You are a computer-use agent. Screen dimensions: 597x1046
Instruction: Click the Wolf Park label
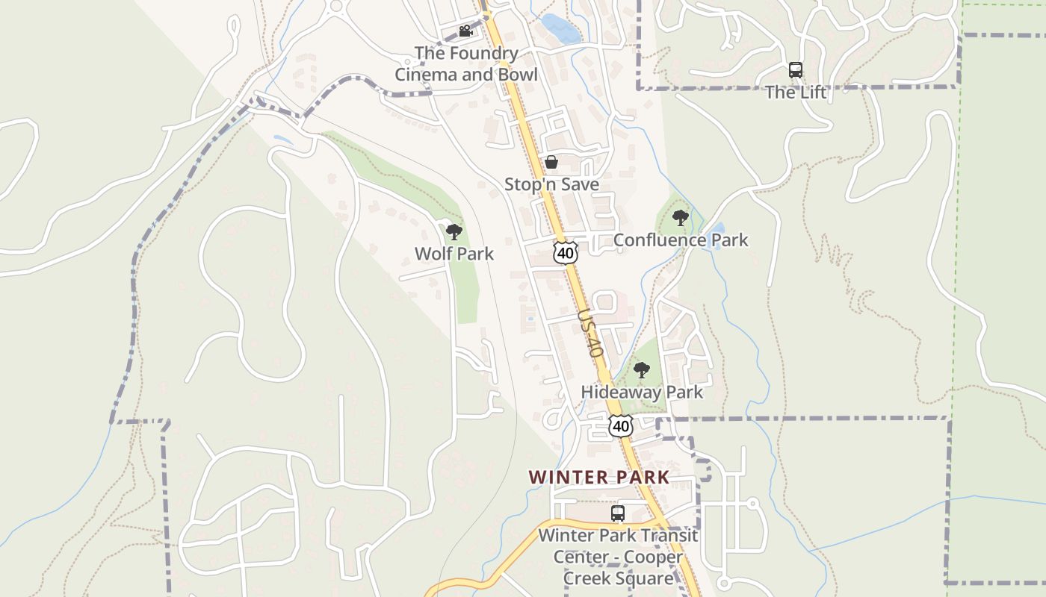click(454, 254)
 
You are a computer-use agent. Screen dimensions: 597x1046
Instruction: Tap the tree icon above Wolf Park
click(454, 232)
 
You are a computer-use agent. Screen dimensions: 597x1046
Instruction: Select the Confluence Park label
click(681, 240)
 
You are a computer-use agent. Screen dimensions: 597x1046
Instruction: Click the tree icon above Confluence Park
click(680, 219)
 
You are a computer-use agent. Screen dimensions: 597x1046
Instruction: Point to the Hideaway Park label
click(642, 393)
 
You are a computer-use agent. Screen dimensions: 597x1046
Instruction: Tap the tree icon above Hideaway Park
click(641, 370)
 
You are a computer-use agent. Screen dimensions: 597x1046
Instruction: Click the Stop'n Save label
click(551, 184)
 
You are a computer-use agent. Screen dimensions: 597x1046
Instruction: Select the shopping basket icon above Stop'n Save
click(551, 162)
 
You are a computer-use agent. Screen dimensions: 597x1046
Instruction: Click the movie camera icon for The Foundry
click(465, 31)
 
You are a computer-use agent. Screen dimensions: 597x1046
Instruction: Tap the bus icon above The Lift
click(796, 71)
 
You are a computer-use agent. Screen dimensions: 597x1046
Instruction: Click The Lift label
click(796, 93)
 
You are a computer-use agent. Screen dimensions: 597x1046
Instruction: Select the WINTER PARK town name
click(599, 478)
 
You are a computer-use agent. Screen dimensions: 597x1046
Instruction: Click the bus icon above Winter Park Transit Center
click(618, 513)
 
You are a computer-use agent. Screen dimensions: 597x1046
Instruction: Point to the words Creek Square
click(618, 578)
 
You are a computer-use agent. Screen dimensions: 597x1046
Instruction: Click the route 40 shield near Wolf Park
click(566, 253)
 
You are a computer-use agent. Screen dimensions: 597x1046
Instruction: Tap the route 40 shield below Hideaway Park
click(620, 426)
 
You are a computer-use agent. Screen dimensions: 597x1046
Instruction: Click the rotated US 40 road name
click(590, 334)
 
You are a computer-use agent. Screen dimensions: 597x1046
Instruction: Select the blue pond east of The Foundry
click(562, 29)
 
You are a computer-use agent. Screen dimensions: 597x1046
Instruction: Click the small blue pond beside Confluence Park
click(717, 228)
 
